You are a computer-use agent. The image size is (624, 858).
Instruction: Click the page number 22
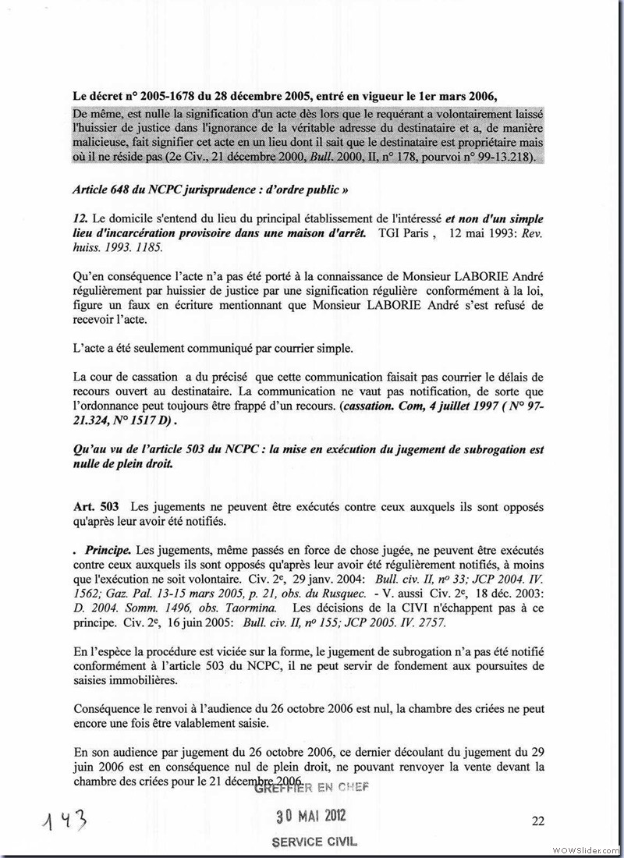(x=537, y=820)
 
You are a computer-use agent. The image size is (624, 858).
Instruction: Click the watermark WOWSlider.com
(x=588, y=848)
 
